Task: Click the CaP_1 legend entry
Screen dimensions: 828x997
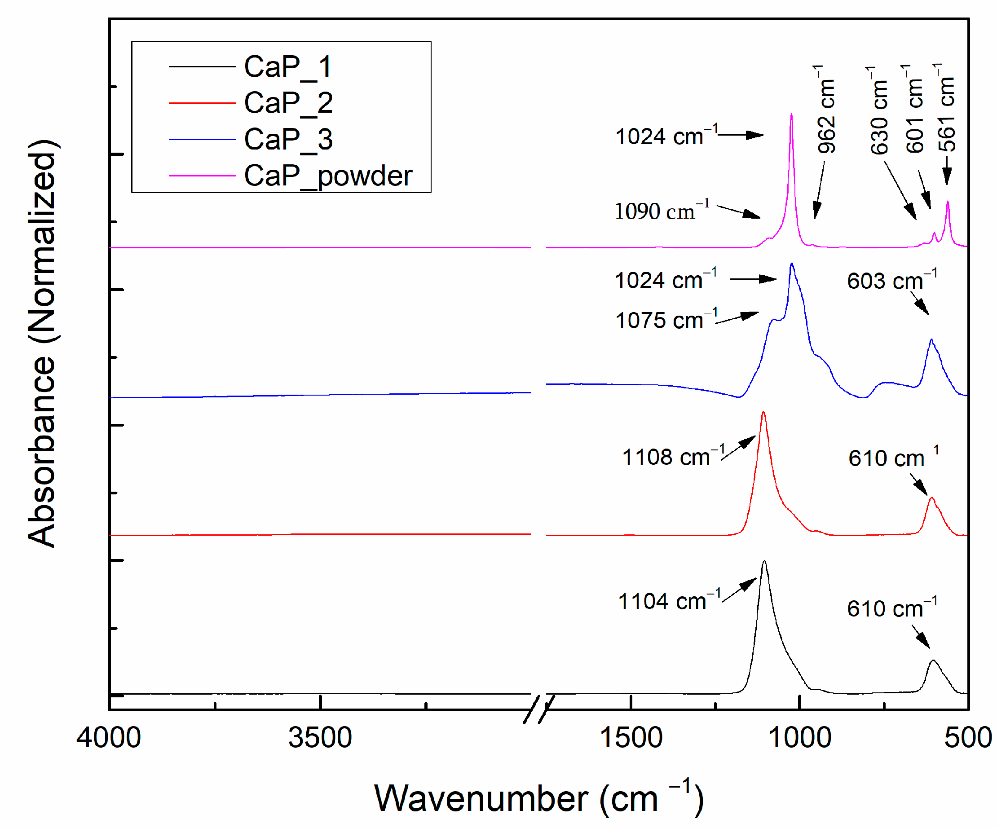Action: [x=287, y=66]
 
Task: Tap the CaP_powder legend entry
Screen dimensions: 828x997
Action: [x=327, y=176]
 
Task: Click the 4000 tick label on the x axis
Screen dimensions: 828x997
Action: [x=109, y=737]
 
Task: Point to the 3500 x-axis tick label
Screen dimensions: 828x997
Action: [x=320, y=737]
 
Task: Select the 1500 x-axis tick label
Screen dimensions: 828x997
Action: [x=631, y=737]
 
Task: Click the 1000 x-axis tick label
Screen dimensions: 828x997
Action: [x=800, y=737]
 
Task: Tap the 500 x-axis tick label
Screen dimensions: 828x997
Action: [x=967, y=737]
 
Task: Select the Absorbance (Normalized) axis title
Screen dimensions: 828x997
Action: [x=42, y=343]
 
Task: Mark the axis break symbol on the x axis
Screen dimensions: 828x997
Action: [x=539, y=709]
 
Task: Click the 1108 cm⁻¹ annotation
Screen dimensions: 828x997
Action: [x=673, y=457]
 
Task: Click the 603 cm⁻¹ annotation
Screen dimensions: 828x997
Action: [x=891, y=281]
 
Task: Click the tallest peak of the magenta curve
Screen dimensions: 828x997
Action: [x=791, y=115]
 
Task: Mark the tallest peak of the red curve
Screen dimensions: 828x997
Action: [x=763, y=412]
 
